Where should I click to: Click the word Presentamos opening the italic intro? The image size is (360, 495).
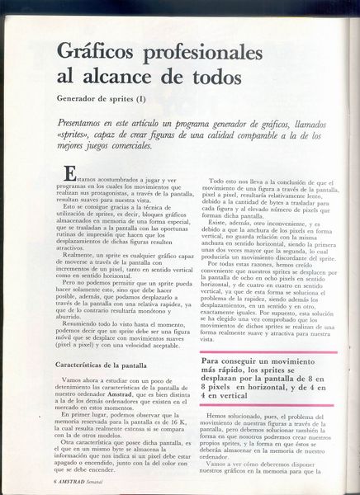[x=87, y=120]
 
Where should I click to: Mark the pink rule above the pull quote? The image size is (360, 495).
[x=272, y=353]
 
